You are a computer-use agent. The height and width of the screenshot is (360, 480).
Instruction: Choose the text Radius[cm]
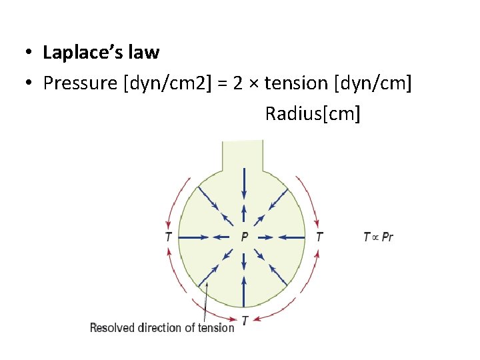click(312, 113)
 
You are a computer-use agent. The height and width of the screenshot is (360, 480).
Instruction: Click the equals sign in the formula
click(224, 83)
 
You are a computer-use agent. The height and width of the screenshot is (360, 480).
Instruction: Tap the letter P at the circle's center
click(245, 237)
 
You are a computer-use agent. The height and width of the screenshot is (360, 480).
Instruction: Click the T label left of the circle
click(168, 237)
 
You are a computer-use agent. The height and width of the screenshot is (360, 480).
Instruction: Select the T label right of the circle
click(319, 237)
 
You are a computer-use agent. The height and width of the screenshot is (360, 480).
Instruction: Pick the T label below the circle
click(245, 321)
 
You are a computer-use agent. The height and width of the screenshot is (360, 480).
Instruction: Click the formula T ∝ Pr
click(378, 237)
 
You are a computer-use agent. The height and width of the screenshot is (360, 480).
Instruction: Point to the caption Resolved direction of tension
click(162, 327)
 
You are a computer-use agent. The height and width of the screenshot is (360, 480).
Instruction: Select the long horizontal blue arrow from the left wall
click(197, 237)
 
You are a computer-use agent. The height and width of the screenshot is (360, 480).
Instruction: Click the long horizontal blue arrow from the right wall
click(291, 237)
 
